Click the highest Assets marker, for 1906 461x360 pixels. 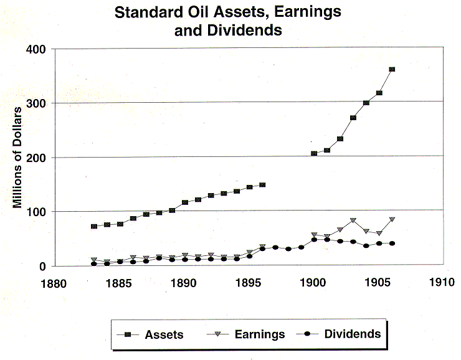[x=392, y=69]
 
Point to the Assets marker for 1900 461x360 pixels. [x=314, y=153]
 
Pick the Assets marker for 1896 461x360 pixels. [x=262, y=185]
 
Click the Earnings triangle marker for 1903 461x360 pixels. [x=353, y=220]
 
